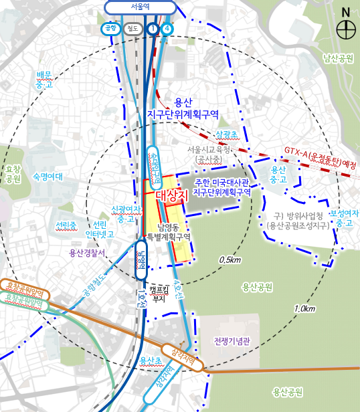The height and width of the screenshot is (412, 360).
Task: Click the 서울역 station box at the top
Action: [141, 7]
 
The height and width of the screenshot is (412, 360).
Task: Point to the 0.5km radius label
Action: [230, 260]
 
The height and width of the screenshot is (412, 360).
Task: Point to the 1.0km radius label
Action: [304, 309]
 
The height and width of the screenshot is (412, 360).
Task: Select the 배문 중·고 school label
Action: [44, 79]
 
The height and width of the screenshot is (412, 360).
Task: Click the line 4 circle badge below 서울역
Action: [167, 29]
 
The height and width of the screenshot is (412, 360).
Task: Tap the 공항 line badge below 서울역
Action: [110, 29]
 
